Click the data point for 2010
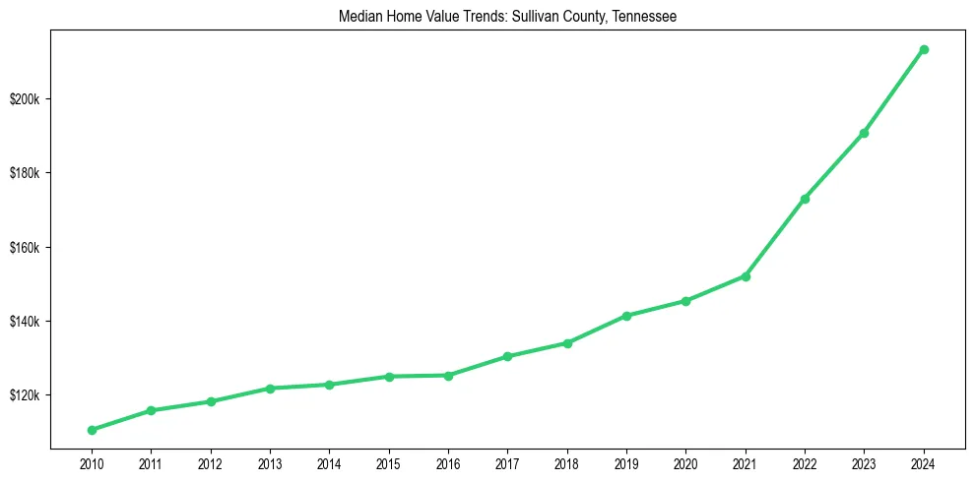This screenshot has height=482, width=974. pos(92,430)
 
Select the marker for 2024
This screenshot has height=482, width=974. pos(924,49)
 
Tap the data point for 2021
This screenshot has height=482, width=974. pos(746,276)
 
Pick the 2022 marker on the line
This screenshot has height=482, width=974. pos(805,199)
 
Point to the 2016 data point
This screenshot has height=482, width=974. pos(448,375)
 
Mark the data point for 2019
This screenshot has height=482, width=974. pos(626,316)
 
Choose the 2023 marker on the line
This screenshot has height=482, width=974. pos(864,133)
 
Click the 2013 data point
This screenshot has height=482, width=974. pos(270,389)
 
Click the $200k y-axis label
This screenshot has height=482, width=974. pos(23,99)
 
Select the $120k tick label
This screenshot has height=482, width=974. pos(23,395)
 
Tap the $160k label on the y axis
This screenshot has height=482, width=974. pos(23,248)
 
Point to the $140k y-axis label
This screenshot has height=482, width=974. pos(23,322)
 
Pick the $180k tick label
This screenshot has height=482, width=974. pos(23,173)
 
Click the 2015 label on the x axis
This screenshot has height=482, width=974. pos(389,462)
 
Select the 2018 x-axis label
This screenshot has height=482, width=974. pos(567,462)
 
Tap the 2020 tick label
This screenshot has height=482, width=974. pos(685,462)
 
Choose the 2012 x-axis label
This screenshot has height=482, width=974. pos(211,462)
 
